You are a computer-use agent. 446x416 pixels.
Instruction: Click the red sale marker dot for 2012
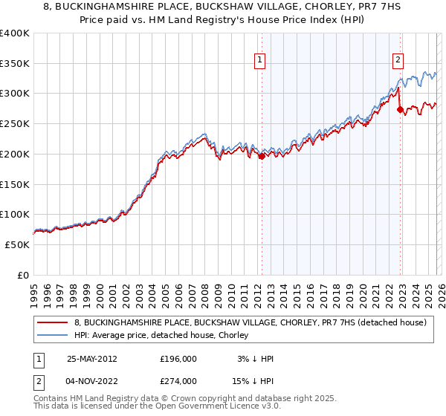click(x=262, y=156)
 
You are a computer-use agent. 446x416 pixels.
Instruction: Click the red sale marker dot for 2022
click(x=400, y=109)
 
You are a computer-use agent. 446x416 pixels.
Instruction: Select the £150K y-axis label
click(x=15, y=184)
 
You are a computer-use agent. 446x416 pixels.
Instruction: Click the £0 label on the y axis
click(x=22, y=275)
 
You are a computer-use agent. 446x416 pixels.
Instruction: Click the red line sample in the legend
click(x=53, y=322)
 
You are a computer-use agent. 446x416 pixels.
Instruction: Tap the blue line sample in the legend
click(x=53, y=336)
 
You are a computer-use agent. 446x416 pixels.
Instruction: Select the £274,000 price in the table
click(x=178, y=381)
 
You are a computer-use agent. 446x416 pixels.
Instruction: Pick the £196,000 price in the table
click(x=178, y=359)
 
